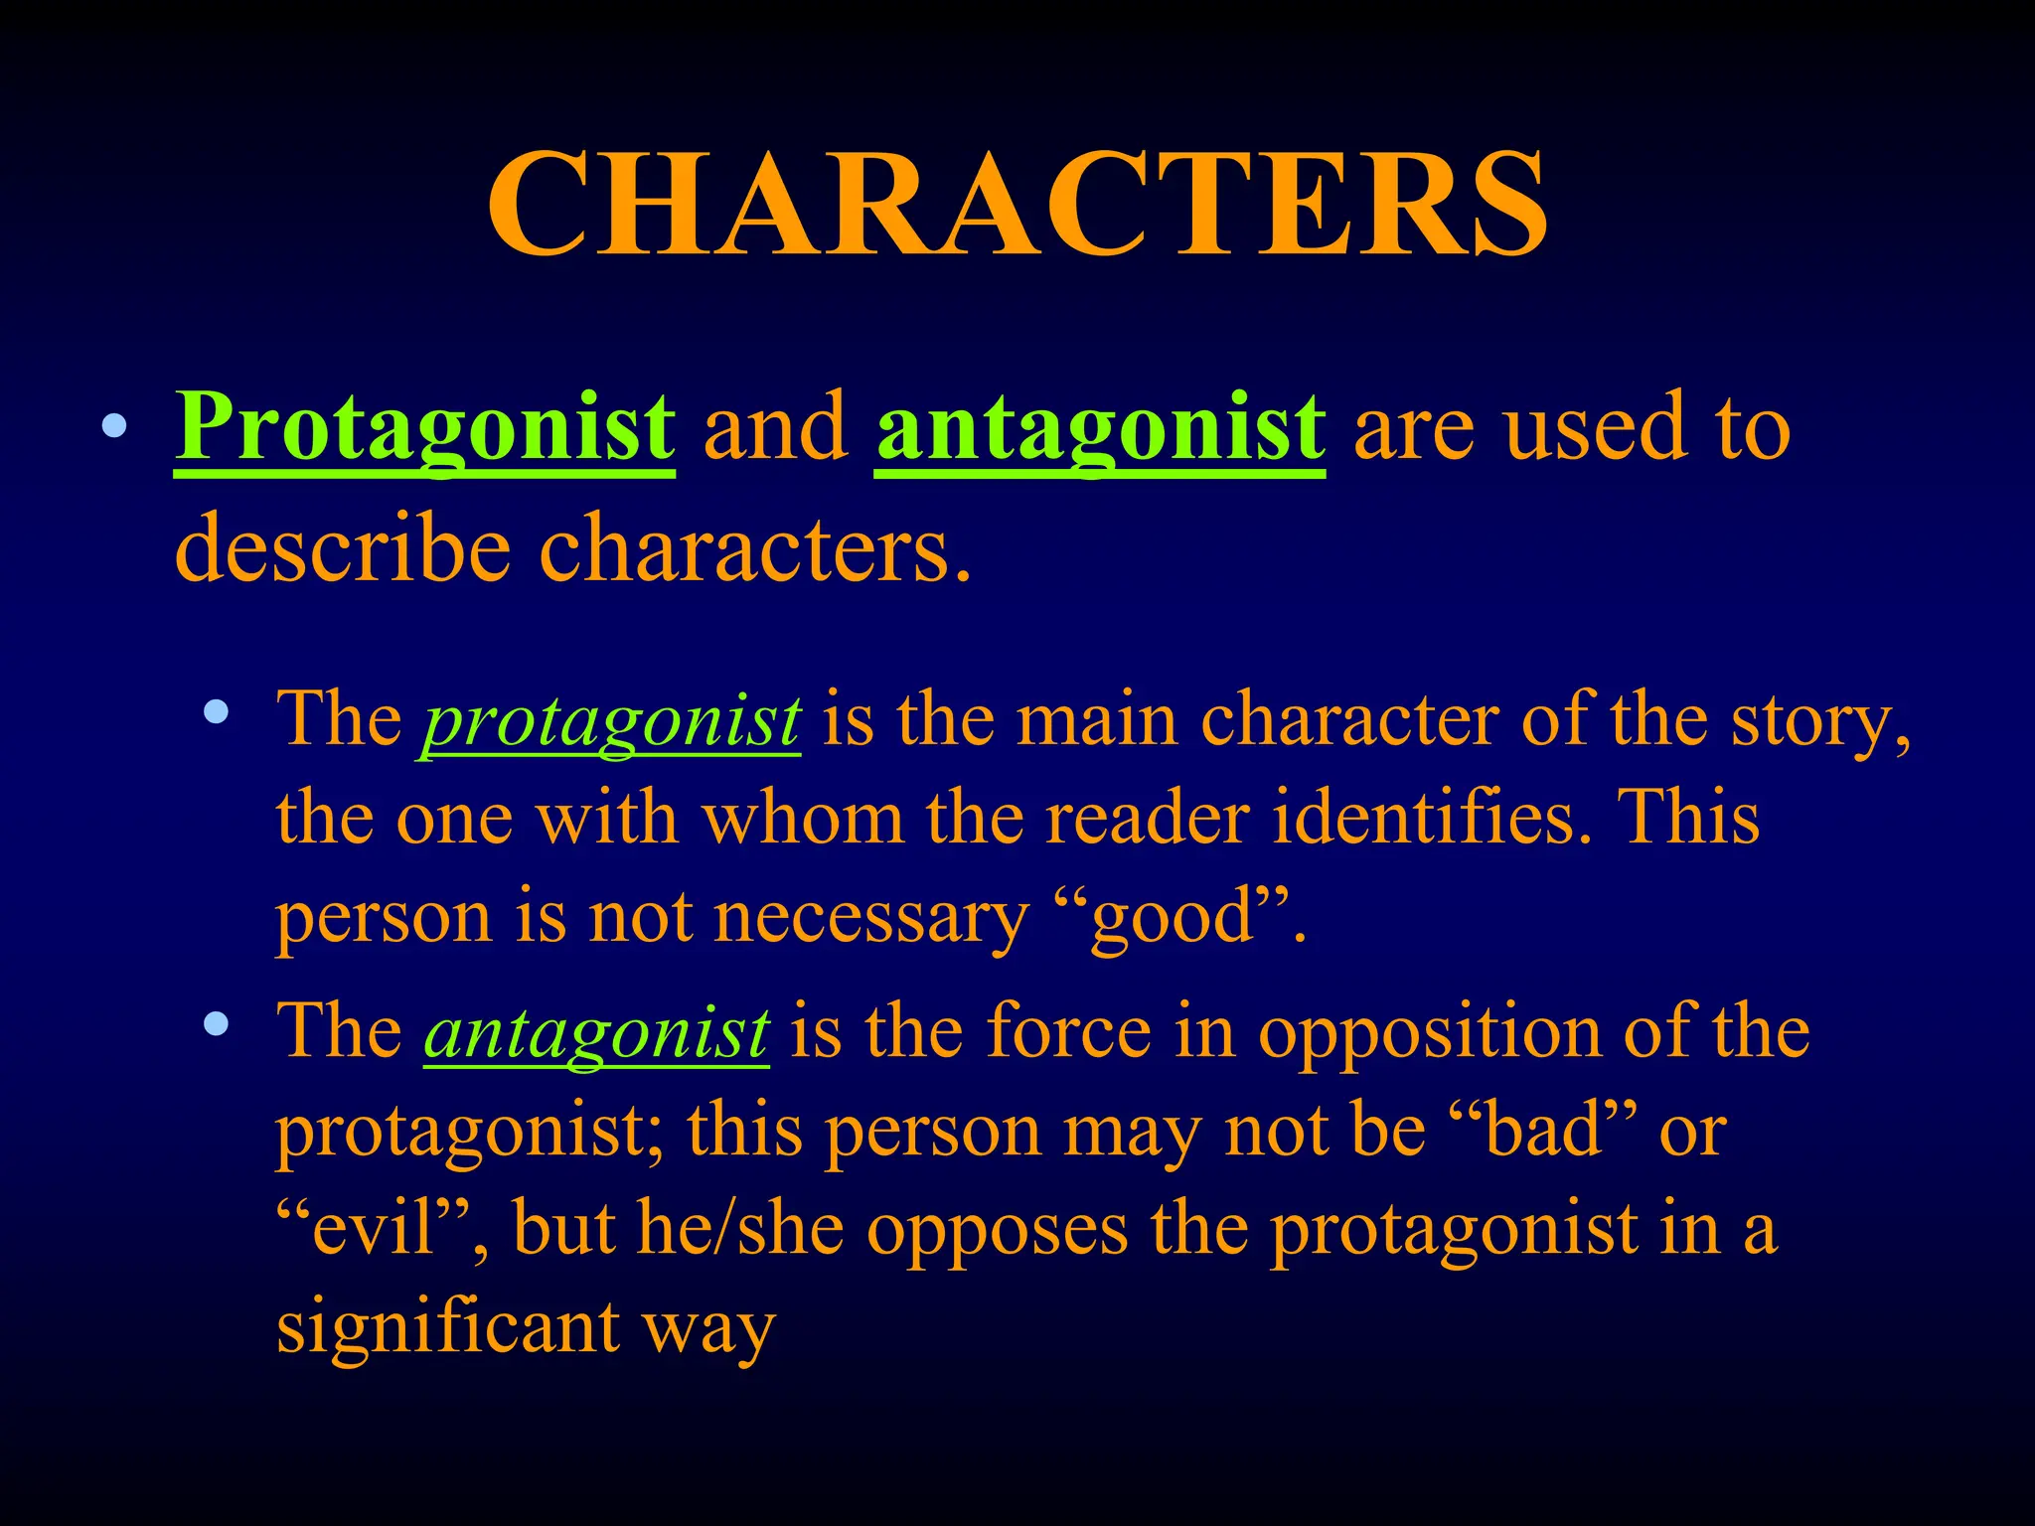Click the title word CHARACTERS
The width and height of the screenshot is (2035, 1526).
click(1017, 205)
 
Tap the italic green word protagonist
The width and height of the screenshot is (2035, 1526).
click(611, 719)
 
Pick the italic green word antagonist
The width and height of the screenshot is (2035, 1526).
click(596, 1031)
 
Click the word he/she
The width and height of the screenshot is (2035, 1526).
click(740, 1228)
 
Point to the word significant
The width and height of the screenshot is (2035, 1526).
click(448, 1327)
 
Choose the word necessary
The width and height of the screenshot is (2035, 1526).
click(870, 916)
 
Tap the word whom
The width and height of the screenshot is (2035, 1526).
click(802, 818)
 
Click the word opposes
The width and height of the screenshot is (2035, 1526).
click(997, 1228)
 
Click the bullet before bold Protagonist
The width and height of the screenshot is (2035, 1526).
click(115, 427)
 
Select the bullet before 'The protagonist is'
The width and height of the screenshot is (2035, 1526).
click(216, 711)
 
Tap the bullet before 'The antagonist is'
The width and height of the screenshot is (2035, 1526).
click(216, 1023)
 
